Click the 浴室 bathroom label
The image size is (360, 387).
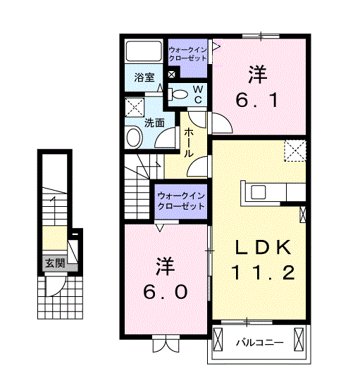pyautogui.click(x=144, y=77)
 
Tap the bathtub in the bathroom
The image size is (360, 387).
pyautogui.click(x=144, y=51)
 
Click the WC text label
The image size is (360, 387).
pyautogui.click(x=198, y=94)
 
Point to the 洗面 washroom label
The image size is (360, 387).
pyautogui.click(x=154, y=122)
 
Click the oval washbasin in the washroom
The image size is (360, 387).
pyautogui.click(x=135, y=137)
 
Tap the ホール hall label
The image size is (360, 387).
pyautogui.click(x=189, y=143)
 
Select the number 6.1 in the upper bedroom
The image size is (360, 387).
pyautogui.click(x=257, y=100)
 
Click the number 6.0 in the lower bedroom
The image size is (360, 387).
pyautogui.click(x=166, y=292)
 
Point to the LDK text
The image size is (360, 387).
pyautogui.click(x=263, y=247)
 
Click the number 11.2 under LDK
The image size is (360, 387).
pyautogui.click(x=263, y=272)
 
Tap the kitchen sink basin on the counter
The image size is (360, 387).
pyautogui.click(x=259, y=192)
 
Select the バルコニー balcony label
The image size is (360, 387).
pyautogui.click(x=259, y=343)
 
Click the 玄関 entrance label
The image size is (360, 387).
pyautogui.click(x=55, y=263)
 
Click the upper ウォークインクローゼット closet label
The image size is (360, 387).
pyautogui.click(x=187, y=54)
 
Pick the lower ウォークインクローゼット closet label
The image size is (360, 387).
pyautogui.click(x=181, y=201)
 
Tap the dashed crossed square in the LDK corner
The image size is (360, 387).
pyautogui.click(x=295, y=151)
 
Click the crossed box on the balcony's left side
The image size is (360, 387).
pyautogui.click(x=218, y=339)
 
